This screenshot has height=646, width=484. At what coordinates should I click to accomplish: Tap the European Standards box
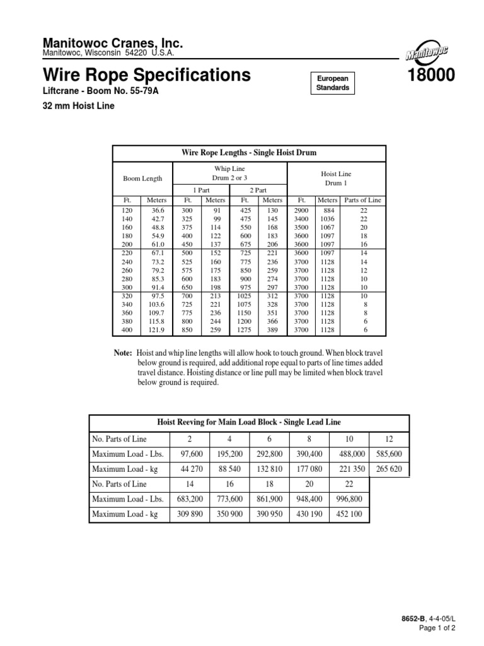tap(332, 83)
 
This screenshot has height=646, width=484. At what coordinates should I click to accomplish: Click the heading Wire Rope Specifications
tap(146, 76)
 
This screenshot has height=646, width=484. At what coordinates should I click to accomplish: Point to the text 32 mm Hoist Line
tap(79, 106)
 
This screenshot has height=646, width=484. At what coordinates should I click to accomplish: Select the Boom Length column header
tap(142, 179)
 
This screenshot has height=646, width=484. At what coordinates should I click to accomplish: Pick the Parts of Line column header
tap(363, 200)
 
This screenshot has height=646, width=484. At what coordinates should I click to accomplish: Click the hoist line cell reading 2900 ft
tap(301, 209)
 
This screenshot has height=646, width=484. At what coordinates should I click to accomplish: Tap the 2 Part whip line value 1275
tap(243, 329)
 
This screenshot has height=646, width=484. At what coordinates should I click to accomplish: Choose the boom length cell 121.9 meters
tap(155, 329)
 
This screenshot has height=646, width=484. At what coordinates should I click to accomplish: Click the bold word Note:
tap(123, 354)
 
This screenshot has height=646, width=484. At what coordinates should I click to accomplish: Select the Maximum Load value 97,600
tap(190, 454)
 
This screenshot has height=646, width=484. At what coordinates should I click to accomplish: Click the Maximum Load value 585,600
tap(388, 454)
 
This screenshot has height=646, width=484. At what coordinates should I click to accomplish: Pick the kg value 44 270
tap(190, 469)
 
